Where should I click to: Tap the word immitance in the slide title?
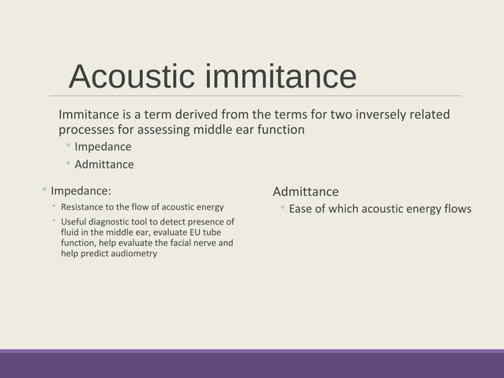280,76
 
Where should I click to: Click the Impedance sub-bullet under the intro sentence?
103,146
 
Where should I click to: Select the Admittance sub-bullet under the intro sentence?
103,164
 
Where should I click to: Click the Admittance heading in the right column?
305,191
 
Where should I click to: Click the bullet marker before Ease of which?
281,209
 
